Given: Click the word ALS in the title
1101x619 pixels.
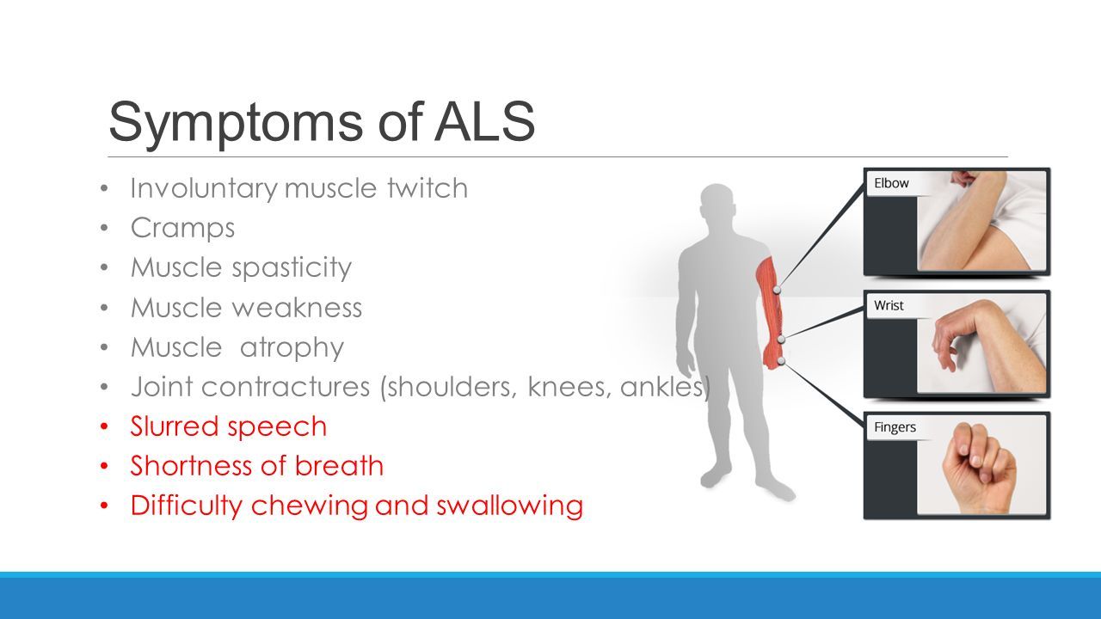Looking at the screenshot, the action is click(x=484, y=121).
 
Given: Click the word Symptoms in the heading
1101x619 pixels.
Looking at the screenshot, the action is click(x=236, y=123).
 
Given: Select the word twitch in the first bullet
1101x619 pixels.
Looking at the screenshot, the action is click(x=427, y=187).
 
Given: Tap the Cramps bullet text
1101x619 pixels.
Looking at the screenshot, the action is click(x=182, y=229).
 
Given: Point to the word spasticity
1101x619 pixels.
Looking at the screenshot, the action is click(x=292, y=268).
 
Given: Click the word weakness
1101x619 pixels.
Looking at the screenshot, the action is click(x=297, y=308).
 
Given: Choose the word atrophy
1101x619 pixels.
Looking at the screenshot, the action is click(x=292, y=348).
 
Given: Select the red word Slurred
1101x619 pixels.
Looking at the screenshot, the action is click(x=174, y=426).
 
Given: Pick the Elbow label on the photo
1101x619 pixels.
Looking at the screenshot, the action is click(x=891, y=183).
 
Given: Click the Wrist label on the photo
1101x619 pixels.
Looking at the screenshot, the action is click(x=889, y=305).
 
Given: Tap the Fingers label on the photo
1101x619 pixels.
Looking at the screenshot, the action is click(x=895, y=427).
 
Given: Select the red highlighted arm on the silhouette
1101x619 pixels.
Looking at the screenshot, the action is click(x=770, y=312).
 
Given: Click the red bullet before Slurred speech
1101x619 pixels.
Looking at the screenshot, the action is click(x=104, y=426).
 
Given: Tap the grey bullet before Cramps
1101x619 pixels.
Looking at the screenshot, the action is click(x=104, y=228).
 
